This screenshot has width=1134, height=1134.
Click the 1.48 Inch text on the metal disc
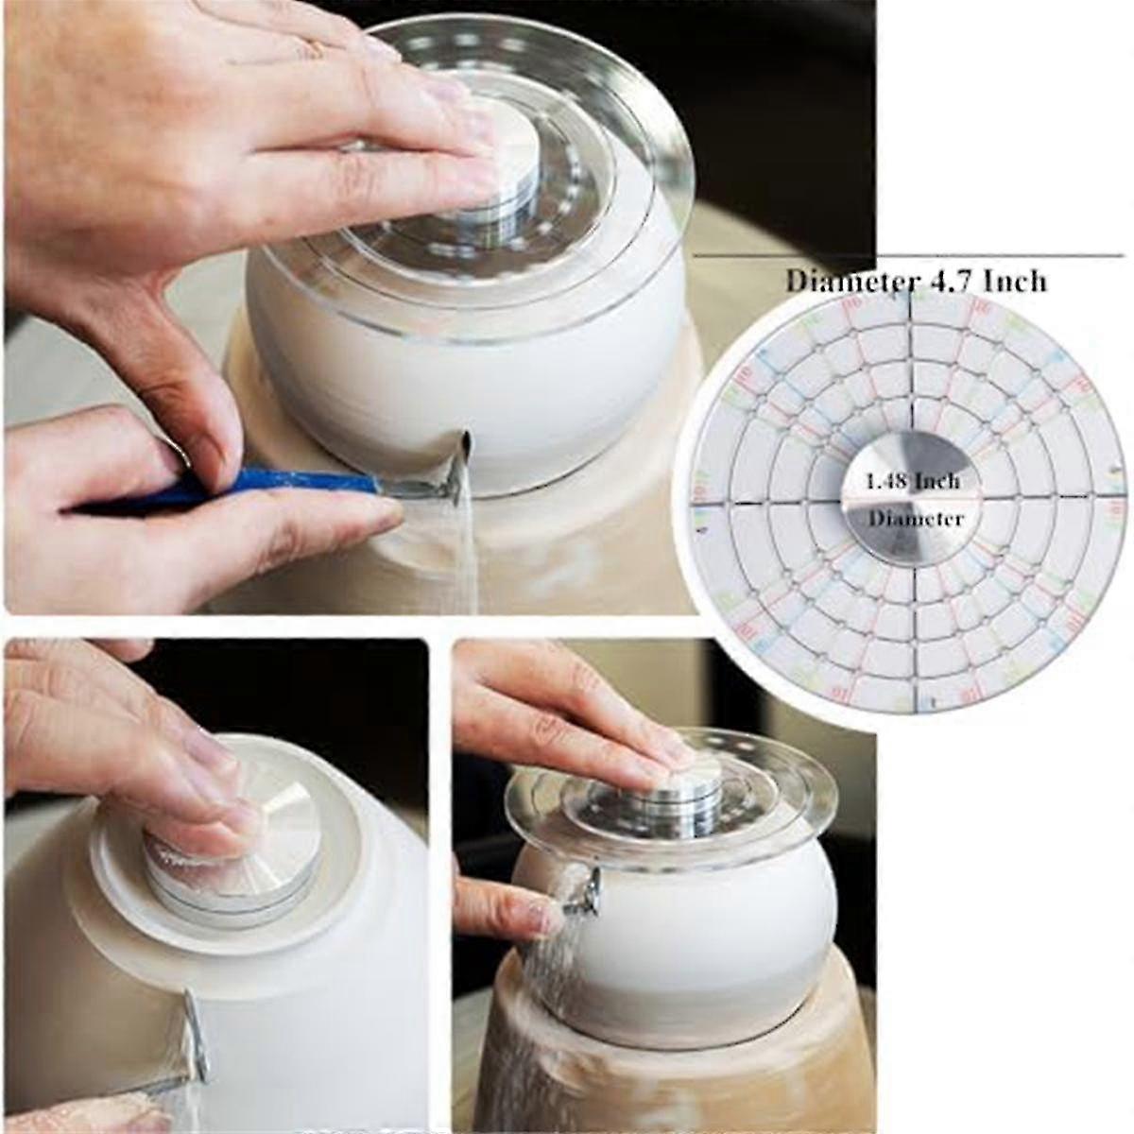913,481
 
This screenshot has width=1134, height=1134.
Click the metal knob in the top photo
507,161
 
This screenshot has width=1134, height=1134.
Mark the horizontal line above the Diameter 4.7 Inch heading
907,256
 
